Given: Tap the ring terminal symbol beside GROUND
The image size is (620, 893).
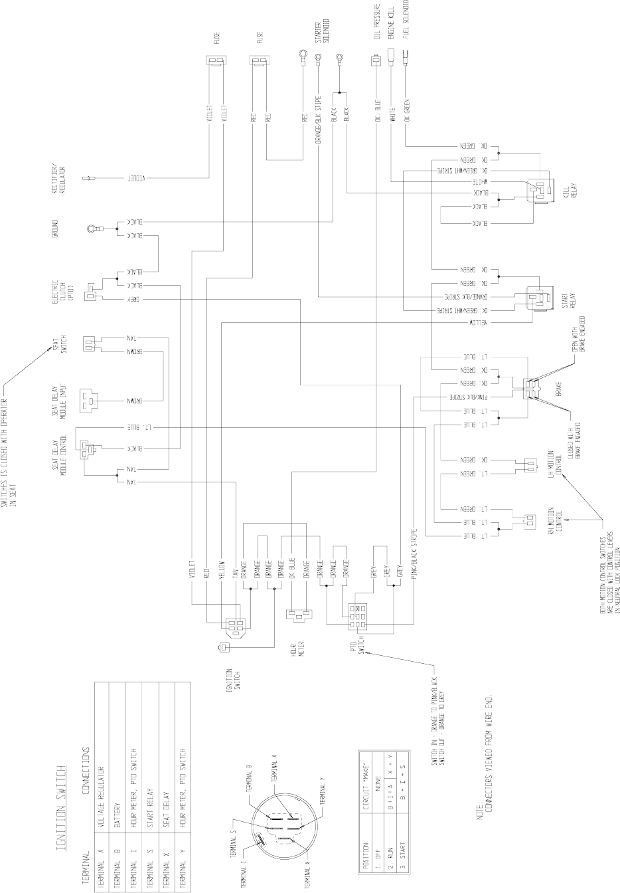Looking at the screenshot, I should click(92, 229).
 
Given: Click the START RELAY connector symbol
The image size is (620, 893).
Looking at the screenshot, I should click(537, 296).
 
